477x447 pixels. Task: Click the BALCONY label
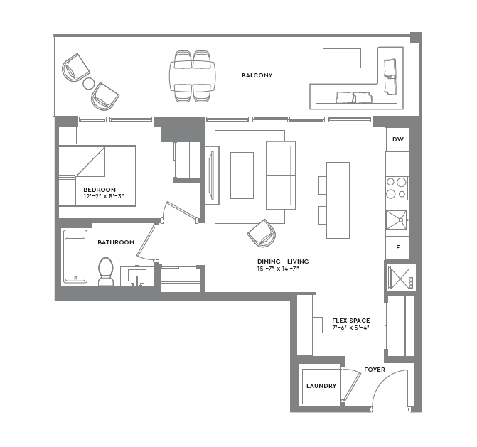point(257,75)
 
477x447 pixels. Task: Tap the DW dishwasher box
point(398,140)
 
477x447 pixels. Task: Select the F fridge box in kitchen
point(398,247)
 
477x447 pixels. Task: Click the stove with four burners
point(397,188)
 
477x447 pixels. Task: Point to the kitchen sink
point(397,220)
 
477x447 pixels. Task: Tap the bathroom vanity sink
point(137,275)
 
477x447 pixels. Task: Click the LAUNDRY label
point(321,386)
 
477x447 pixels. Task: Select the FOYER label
point(375,370)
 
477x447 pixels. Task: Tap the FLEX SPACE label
point(350,321)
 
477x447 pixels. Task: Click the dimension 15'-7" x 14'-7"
point(283,269)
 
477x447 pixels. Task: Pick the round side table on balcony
point(89,83)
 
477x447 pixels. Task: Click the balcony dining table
point(193,74)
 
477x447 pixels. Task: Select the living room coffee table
point(242,175)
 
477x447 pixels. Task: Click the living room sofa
point(281,175)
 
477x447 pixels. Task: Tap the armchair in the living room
point(261,232)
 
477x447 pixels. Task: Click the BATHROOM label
point(116,242)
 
